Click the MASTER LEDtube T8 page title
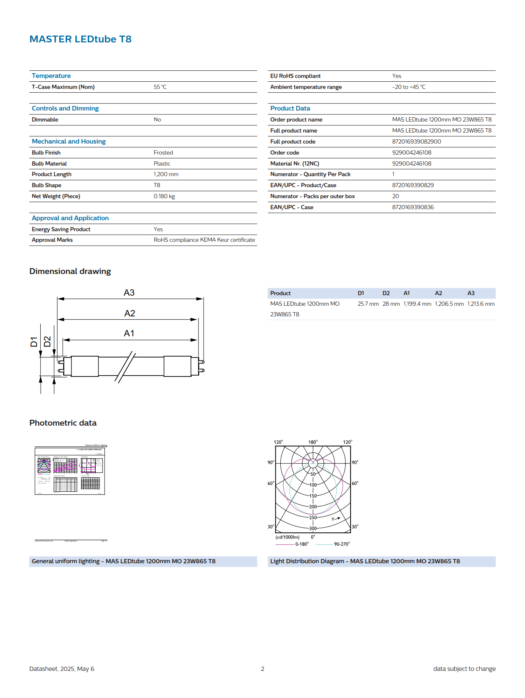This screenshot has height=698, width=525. [80, 39]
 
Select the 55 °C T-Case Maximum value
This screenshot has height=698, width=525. [160, 87]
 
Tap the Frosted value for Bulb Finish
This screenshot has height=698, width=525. [163, 152]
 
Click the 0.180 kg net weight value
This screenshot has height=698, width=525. [164, 196]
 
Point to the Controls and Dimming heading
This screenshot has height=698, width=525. [65, 108]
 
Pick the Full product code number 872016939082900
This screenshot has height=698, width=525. [416, 141]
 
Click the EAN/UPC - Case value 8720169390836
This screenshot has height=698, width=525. [412, 207]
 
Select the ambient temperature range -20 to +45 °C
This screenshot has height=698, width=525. [409, 87]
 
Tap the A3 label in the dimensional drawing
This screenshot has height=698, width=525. [129, 293]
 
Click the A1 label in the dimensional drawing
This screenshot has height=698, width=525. [129, 333]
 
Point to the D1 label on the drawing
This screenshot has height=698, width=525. [34, 342]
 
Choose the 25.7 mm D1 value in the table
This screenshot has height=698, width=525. [368, 304]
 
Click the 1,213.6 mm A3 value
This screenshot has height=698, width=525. [481, 304]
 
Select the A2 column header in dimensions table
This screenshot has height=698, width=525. [438, 293]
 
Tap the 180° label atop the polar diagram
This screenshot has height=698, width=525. [313, 442]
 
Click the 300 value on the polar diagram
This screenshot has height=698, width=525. [313, 528]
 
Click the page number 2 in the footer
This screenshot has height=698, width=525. [262, 669]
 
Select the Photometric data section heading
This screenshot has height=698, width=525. [63, 423]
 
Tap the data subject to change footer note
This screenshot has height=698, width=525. [464, 669]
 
